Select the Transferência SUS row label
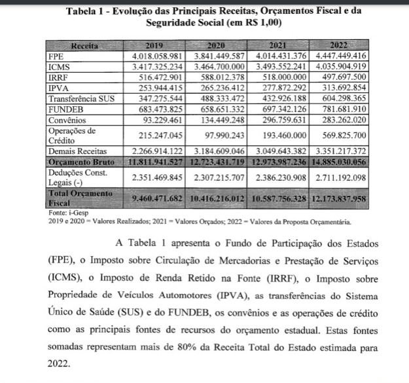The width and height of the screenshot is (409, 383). (x=82, y=98)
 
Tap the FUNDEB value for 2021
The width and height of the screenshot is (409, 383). (x=277, y=109)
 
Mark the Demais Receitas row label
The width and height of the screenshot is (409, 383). (x=79, y=150)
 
